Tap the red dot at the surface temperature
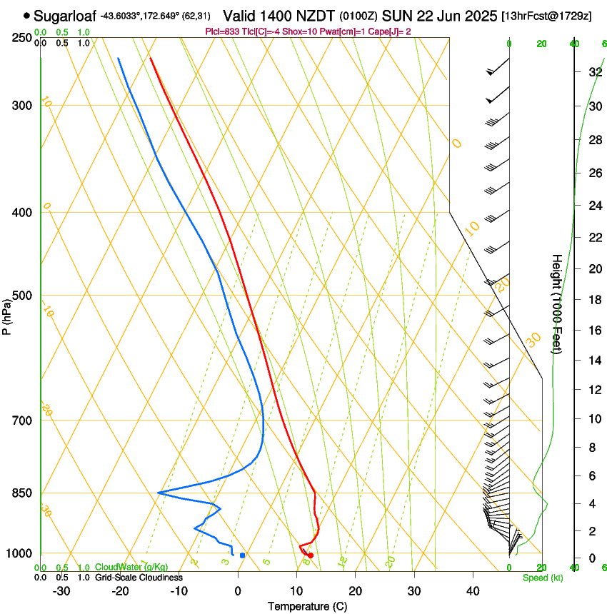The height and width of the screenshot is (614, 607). coord(310,555)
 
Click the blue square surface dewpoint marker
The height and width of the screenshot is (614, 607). coord(243,555)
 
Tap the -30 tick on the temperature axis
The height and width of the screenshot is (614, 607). coord(61,591)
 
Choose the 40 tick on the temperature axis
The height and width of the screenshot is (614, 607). coord(472,591)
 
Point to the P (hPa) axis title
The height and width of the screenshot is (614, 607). coord(6,316)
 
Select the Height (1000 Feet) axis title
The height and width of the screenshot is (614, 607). coord(557,303)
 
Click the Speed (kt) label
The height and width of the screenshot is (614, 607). coord(543,578)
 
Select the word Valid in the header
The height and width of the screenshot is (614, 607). coord(241,16)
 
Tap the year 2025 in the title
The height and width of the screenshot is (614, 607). coord(478,16)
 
